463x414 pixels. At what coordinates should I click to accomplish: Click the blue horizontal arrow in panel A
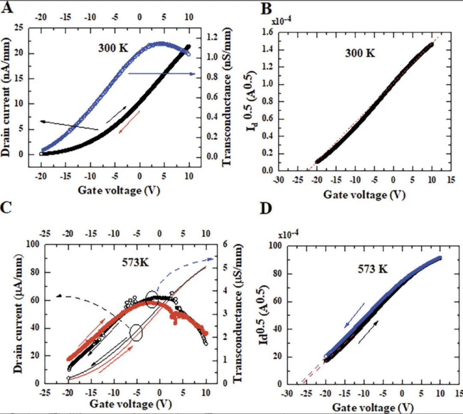tap(162, 74)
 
